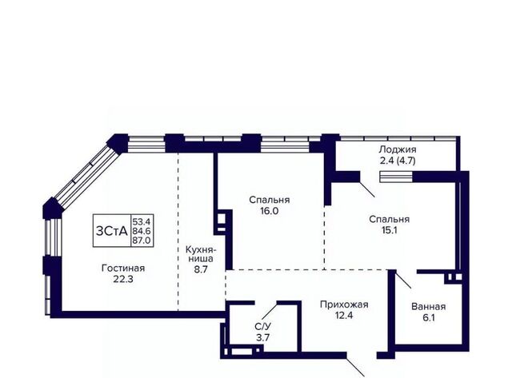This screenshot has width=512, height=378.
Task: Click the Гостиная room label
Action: tap(123, 268)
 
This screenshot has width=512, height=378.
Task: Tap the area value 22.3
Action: tap(123, 279)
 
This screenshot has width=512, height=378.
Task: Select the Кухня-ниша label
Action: tap(199, 254)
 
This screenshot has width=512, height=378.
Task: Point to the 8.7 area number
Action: tap(200, 270)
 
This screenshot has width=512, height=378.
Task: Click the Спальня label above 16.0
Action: tap(270, 200)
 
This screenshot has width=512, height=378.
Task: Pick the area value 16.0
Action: tap(270, 211)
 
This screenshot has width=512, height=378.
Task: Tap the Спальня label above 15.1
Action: tap(390, 219)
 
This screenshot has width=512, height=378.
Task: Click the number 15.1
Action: tap(390, 230)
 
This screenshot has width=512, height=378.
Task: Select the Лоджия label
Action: tap(398, 149)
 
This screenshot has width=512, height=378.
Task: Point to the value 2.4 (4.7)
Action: tap(398, 161)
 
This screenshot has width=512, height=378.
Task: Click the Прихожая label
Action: tap(344, 304)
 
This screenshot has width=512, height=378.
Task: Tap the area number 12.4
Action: tap(344, 316)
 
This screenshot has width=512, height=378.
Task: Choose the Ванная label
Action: tap(429, 307)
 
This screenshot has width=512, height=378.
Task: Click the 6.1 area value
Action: tap(429, 317)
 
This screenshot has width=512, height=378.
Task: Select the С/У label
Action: tap(263, 327)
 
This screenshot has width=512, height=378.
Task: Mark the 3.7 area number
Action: tap(263, 337)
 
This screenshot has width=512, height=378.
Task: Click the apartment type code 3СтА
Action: tap(112, 231)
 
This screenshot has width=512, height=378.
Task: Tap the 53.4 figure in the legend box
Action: tap(142, 222)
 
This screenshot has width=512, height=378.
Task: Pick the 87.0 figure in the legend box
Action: tap(142, 241)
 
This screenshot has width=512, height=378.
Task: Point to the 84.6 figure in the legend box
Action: tap(142, 231)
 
